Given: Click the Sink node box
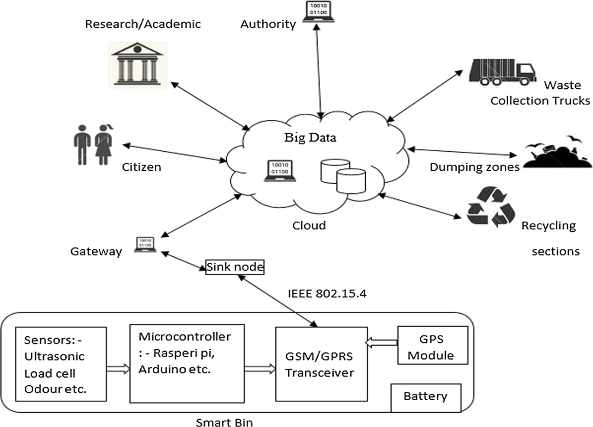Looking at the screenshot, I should pyautogui.click(x=235, y=267).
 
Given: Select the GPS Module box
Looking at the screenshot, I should pyautogui.click(x=432, y=345).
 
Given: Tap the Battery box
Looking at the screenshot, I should pyautogui.click(x=426, y=397).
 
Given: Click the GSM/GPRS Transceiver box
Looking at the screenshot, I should pyautogui.click(x=321, y=364).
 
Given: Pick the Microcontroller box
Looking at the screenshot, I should pyautogui.click(x=187, y=364).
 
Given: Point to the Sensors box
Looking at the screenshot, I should pyautogui.click(x=61, y=364).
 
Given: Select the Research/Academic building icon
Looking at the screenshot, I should pyautogui.click(x=137, y=64).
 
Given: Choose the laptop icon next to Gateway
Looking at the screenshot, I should pyautogui.click(x=145, y=244).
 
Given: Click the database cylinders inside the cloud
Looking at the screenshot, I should pyautogui.click(x=343, y=176).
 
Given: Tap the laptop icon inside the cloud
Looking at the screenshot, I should pyautogui.click(x=280, y=170).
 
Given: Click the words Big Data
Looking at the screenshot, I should pyautogui.click(x=310, y=138).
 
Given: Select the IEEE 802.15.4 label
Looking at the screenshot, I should pyautogui.click(x=327, y=294).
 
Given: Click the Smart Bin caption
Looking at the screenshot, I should pyautogui.click(x=224, y=422).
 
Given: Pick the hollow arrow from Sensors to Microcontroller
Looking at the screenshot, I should pyautogui.click(x=118, y=369).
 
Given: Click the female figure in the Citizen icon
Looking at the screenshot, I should pyautogui.click(x=104, y=145).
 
